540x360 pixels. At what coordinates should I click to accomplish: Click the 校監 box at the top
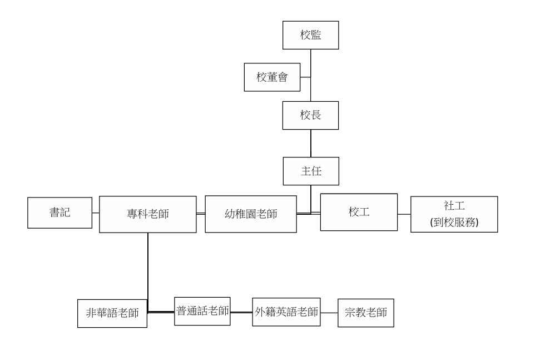click(x=310, y=35)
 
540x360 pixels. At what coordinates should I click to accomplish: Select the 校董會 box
click(x=272, y=77)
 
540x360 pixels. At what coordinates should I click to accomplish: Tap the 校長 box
click(x=310, y=115)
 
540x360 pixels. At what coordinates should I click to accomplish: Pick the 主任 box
click(x=310, y=171)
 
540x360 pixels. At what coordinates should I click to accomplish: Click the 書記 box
click(x=60, y=213)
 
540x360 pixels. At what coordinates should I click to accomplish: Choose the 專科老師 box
click(x=147, y=214)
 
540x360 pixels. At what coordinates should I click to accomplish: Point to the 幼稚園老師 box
click(x=250, y=214)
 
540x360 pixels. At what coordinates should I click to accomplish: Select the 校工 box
click(x=359, y=212)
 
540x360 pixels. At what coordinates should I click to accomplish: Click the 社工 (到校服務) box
click(x=454, y=214)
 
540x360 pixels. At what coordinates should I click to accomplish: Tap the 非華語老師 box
click(x=112, y=313)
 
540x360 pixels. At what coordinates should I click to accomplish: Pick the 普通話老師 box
click(x=202, y=311)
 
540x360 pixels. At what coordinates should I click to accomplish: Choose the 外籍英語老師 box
click(x=286, y=312)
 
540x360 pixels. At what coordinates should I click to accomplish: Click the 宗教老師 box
click(x=365, y=313)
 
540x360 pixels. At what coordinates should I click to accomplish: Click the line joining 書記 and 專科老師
click(x=96, y=213)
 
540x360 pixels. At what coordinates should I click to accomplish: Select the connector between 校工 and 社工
click(x=404, y=214)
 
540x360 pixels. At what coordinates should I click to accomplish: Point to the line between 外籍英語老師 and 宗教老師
click(x=329, y=313)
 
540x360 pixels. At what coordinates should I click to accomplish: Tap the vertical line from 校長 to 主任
click(x=310, y=144)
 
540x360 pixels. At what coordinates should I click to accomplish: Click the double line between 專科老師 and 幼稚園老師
click(x=201, y=214)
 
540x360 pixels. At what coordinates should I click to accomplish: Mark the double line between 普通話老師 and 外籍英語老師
click(x=241, y=313)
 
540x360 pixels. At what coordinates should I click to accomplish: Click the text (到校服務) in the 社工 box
click(x=454, y=221)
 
